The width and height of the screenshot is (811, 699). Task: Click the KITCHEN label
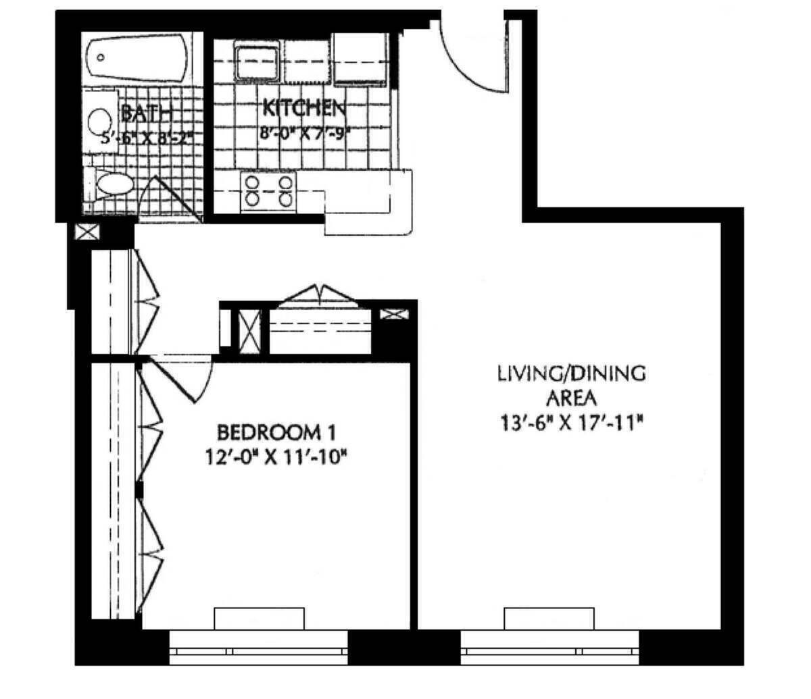(304, 107)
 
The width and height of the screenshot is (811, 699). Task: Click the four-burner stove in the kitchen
(270, 190)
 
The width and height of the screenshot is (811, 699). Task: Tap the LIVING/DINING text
(572, 373)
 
